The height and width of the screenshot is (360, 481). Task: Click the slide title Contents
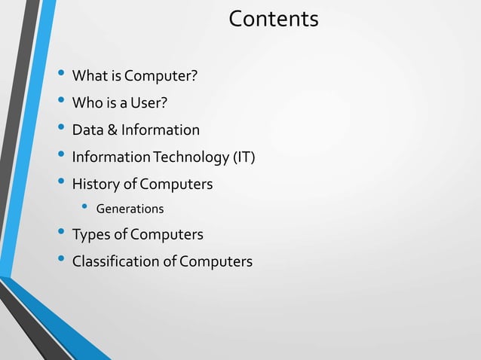[273, 19]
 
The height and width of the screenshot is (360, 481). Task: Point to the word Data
[87, 130]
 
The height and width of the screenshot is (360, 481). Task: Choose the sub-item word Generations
[130, 209]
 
